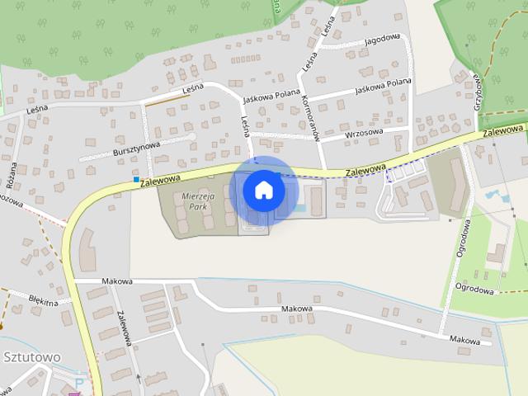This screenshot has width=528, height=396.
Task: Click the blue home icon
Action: click(263, 191)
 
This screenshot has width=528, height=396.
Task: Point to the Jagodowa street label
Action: click(381, 38)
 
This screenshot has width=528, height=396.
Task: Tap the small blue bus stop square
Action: click(136, 178)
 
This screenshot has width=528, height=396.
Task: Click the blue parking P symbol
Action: click(79, 384)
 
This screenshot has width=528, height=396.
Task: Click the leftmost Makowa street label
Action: click(117, 281)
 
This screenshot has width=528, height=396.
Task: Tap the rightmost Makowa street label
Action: click(464, 339)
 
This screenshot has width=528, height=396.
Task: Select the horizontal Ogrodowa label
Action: click(474, 289)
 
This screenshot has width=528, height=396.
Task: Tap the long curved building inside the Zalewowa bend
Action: click(87, 248)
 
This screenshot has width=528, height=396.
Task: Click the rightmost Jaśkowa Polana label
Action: click(383, 82)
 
